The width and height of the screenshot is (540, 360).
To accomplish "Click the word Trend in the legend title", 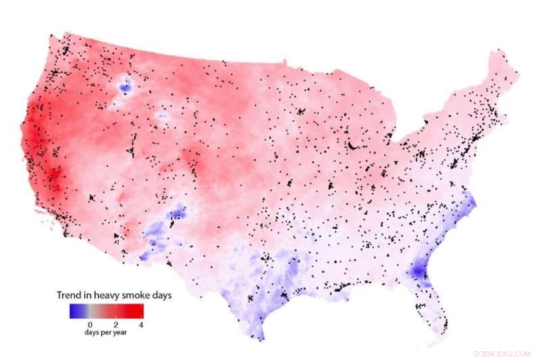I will (70, 296).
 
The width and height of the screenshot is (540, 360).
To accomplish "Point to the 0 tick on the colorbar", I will (91, 325).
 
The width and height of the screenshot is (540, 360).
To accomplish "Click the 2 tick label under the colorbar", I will (116, 325).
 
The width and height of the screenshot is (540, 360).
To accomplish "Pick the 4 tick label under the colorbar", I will (141, 325).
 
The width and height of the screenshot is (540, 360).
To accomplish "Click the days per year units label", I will (105, 333).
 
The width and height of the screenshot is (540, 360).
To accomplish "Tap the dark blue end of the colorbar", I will (72, 311).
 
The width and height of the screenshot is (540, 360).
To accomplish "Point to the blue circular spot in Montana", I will (125, 85).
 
